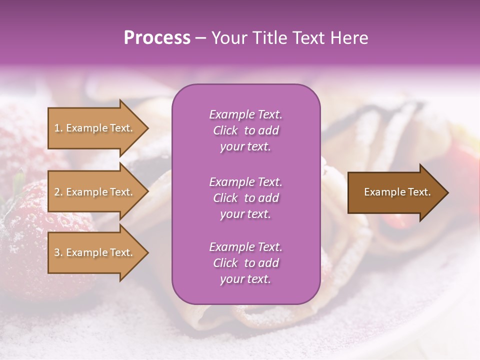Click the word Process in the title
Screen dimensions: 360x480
(x=157, y=38)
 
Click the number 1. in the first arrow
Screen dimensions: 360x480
(x=58, y=128)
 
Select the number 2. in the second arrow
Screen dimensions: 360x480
(x=58, y=192)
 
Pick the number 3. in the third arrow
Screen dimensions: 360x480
(x=58, y=252)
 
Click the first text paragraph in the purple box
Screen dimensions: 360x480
(x=245, y=130)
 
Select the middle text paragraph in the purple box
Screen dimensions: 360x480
(x=245, y=198)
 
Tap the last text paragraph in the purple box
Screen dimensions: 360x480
(x=245, y=263)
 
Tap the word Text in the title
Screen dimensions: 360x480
(x=307, y=38)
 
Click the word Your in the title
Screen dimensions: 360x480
(x=228, y=38)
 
